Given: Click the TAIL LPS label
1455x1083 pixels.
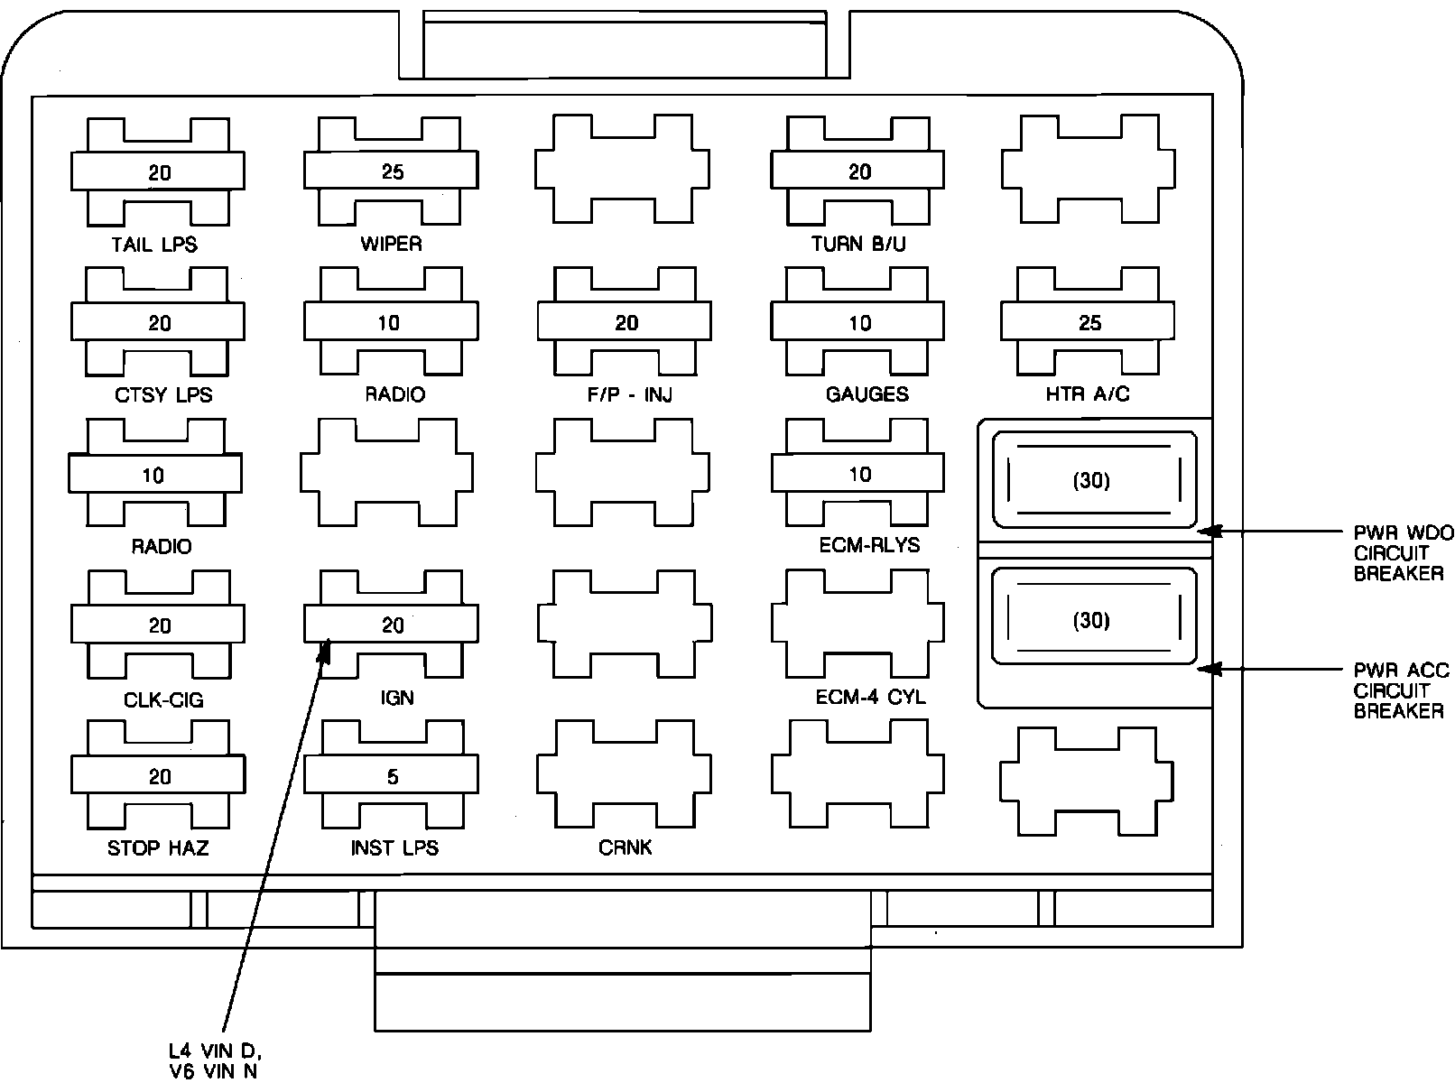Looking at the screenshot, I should click(x=154, y=244).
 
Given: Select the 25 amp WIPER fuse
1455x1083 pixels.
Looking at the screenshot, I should click(x=392, y=171).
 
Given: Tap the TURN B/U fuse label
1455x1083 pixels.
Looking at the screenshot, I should click(x=857, y=244).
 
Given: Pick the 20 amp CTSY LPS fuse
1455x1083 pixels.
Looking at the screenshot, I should click(x=158, y=322).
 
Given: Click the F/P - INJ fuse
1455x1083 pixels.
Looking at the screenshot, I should click(x=625, y=322).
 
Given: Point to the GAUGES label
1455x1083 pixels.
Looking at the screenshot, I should click(x=867, y=394).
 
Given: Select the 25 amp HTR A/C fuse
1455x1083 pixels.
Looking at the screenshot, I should click(x=1089, y=322).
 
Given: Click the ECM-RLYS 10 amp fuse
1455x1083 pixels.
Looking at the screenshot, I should click(x=857, y=474).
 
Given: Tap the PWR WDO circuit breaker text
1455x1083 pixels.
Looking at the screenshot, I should click(x=1402, y=552).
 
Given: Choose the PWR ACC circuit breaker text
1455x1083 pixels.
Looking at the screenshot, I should click(x=1400, y=690).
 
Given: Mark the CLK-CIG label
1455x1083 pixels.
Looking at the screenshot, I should click(x=163, y=699).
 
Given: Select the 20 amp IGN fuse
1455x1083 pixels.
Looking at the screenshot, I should click(x=392, y=625).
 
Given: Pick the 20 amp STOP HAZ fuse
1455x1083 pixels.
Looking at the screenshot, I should click(x=158, y=776).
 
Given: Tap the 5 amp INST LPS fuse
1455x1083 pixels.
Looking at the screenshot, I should click(x=392, y=776).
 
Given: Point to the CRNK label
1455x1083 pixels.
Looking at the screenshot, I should click(x=625, y=848).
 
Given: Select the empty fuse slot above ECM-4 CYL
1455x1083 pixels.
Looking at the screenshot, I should click(x=857, y=625).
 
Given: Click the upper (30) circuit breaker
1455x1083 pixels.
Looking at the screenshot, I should click(x=1092, y=480).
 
